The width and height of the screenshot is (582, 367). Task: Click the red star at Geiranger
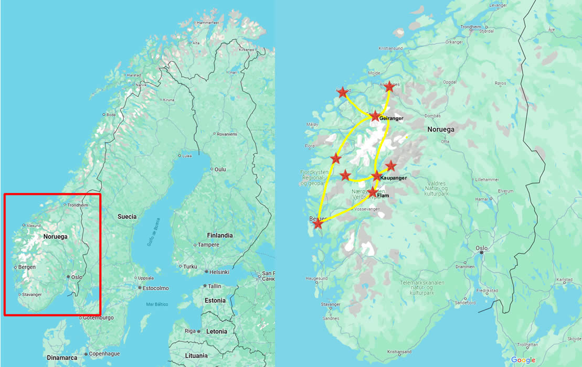375,116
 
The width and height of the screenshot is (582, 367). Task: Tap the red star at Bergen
318,224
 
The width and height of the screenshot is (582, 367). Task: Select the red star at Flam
372,192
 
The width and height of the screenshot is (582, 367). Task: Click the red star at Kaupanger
376,176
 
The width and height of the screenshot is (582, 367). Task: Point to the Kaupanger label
393,178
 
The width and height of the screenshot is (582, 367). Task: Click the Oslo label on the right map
481,248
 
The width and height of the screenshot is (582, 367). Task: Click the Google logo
523,360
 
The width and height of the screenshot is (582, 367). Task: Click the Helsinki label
219,272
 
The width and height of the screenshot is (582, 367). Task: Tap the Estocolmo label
156,288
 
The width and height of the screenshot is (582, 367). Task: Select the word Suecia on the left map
127,217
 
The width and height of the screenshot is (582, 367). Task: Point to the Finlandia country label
219,235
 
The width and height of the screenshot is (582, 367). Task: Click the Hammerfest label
208,23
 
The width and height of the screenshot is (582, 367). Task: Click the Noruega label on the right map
441,129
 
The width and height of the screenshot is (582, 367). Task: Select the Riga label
190,331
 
